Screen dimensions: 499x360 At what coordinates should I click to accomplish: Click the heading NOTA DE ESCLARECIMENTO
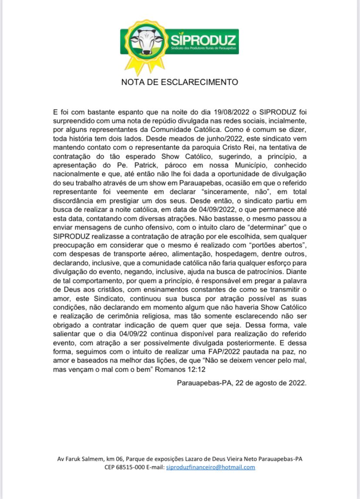[180, 82]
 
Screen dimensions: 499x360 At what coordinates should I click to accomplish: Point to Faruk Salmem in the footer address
[80, 459]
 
